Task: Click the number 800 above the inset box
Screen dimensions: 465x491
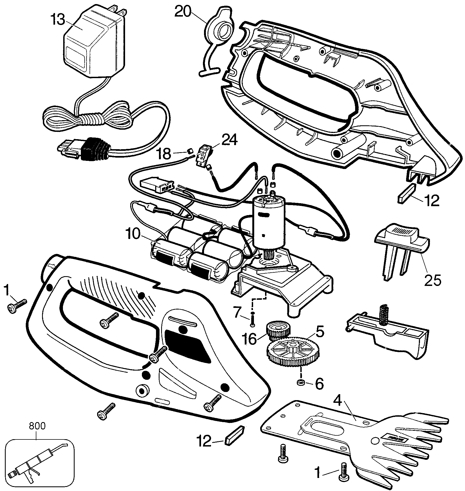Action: tap(37, 426)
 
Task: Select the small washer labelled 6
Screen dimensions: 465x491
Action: tap(301, 383)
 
